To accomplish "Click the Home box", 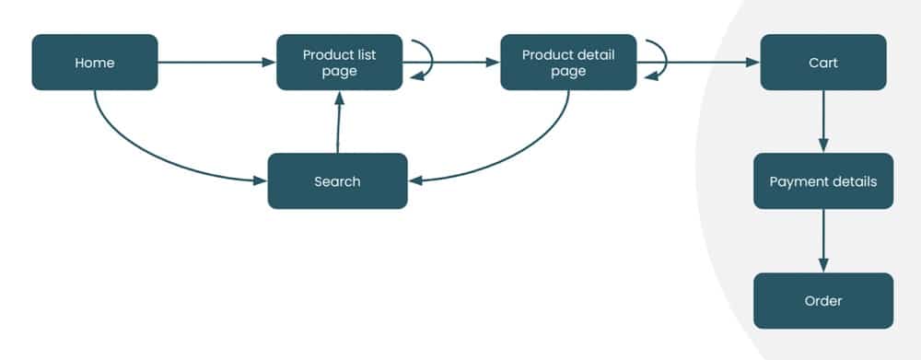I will coord(95,63).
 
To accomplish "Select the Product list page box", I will coord(339,63).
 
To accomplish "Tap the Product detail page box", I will coord(568,63).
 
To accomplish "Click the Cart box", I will coord(822,63).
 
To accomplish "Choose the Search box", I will coord(337,181).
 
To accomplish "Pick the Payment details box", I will coord(822,181).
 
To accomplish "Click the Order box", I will coord(822,301).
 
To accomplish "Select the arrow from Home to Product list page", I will coord(216,63).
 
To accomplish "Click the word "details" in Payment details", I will coord(853,181).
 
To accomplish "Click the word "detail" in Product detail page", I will coord(595,54).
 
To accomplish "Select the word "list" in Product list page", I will coord(367,54).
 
